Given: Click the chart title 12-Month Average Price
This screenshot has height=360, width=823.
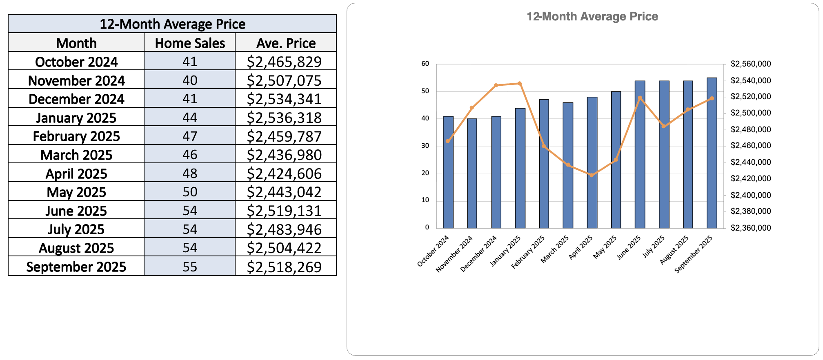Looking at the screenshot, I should (x=592, y=17).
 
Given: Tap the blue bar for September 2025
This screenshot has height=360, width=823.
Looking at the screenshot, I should (x=712, y=153).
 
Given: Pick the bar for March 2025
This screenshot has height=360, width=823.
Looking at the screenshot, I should (x=568, y=165).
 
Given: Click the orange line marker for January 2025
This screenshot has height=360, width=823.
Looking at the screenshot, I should (x=520, y=84).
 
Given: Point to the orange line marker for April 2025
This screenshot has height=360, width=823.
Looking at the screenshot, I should (x=592, y=175).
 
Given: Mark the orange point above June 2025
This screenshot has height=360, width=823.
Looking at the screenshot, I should (x=640, y=98).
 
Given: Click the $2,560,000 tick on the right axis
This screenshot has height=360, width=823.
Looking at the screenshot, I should (x=750, y=64).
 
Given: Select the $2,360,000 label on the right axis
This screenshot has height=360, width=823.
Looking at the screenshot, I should (x=750, y=228).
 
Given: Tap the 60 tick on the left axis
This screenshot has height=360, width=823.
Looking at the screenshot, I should (x=425, y=64).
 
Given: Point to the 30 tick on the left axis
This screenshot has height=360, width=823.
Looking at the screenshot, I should (x=425, y=146).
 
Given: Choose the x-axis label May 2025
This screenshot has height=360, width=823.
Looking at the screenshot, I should (x=605, y=247).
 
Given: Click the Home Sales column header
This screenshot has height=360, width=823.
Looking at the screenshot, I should (x=190, y=43).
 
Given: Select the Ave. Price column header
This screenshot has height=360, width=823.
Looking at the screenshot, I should (x=286, y=43).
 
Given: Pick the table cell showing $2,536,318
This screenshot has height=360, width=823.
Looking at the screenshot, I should (x=284, y=118).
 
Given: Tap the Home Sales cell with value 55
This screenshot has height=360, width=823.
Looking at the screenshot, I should (x=190, y=267).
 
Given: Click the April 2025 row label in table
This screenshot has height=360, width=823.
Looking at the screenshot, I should (x=76, y=174).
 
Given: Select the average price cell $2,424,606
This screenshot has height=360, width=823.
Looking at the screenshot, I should (x=284, y=174).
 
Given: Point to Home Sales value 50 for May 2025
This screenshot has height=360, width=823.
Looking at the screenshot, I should (x=190, y=192).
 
